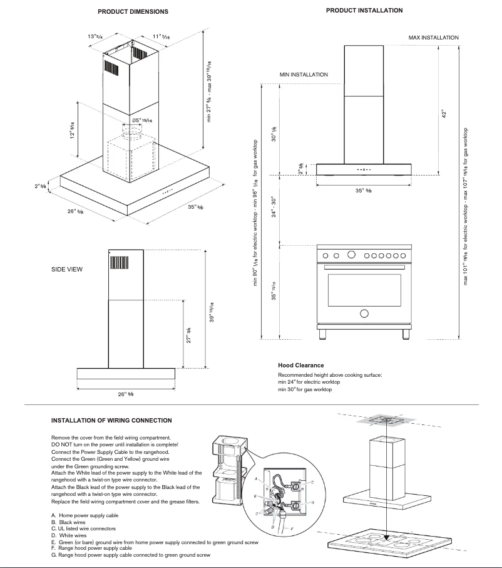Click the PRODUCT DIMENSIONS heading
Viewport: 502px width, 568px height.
pos(133,12)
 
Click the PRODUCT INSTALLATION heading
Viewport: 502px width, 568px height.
pos(364,11)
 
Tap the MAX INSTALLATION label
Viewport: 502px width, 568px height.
pos(433,38)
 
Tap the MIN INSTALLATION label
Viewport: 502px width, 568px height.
pos(304,75)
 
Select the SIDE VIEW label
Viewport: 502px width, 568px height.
pos(67,269)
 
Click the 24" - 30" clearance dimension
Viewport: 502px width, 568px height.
pos(273,208)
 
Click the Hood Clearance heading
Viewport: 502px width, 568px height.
pos(301,365)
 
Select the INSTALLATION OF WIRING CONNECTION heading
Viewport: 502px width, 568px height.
pos(111,420)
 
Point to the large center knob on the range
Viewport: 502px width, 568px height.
pos(352,255)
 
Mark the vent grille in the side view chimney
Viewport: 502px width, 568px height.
pos(119,261)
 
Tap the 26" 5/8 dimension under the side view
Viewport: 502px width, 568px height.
pos(125,394)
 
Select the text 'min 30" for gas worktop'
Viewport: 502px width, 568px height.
pos(305,389)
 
